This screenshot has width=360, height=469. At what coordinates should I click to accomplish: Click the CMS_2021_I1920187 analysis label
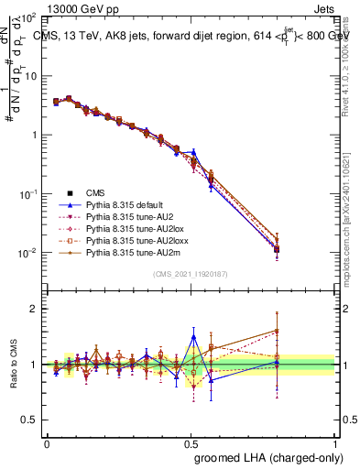pos(190,274)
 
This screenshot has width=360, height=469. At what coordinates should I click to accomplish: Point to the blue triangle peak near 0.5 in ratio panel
pos(192,336)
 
